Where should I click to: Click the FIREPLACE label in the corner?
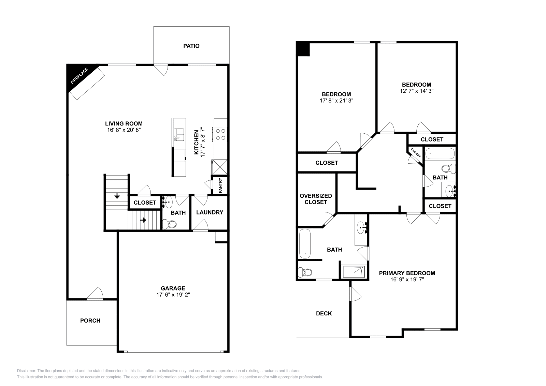pos(79,76)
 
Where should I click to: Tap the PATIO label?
pos(191,46)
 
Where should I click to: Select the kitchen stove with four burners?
pos(220,134)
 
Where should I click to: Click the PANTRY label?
pos(220,185)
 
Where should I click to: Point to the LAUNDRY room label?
pos(210,212)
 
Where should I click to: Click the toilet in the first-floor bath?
pos(170,224)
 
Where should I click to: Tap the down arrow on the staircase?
pos(117,196)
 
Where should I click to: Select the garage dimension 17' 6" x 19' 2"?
pos(173,295)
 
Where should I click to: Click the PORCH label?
pos(90,321)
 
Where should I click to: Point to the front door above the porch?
pos(95,295)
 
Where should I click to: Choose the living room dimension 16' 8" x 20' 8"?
pos(124,130)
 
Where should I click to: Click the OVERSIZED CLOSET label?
pos(316,199)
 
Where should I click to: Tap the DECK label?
pos(324,313)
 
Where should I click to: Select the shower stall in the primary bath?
pos(354,271)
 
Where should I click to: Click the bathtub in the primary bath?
pos(305,243)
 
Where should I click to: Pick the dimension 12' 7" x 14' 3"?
pos(416,91)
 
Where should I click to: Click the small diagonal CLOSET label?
pos(416,152)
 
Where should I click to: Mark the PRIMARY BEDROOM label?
pos(407,273)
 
